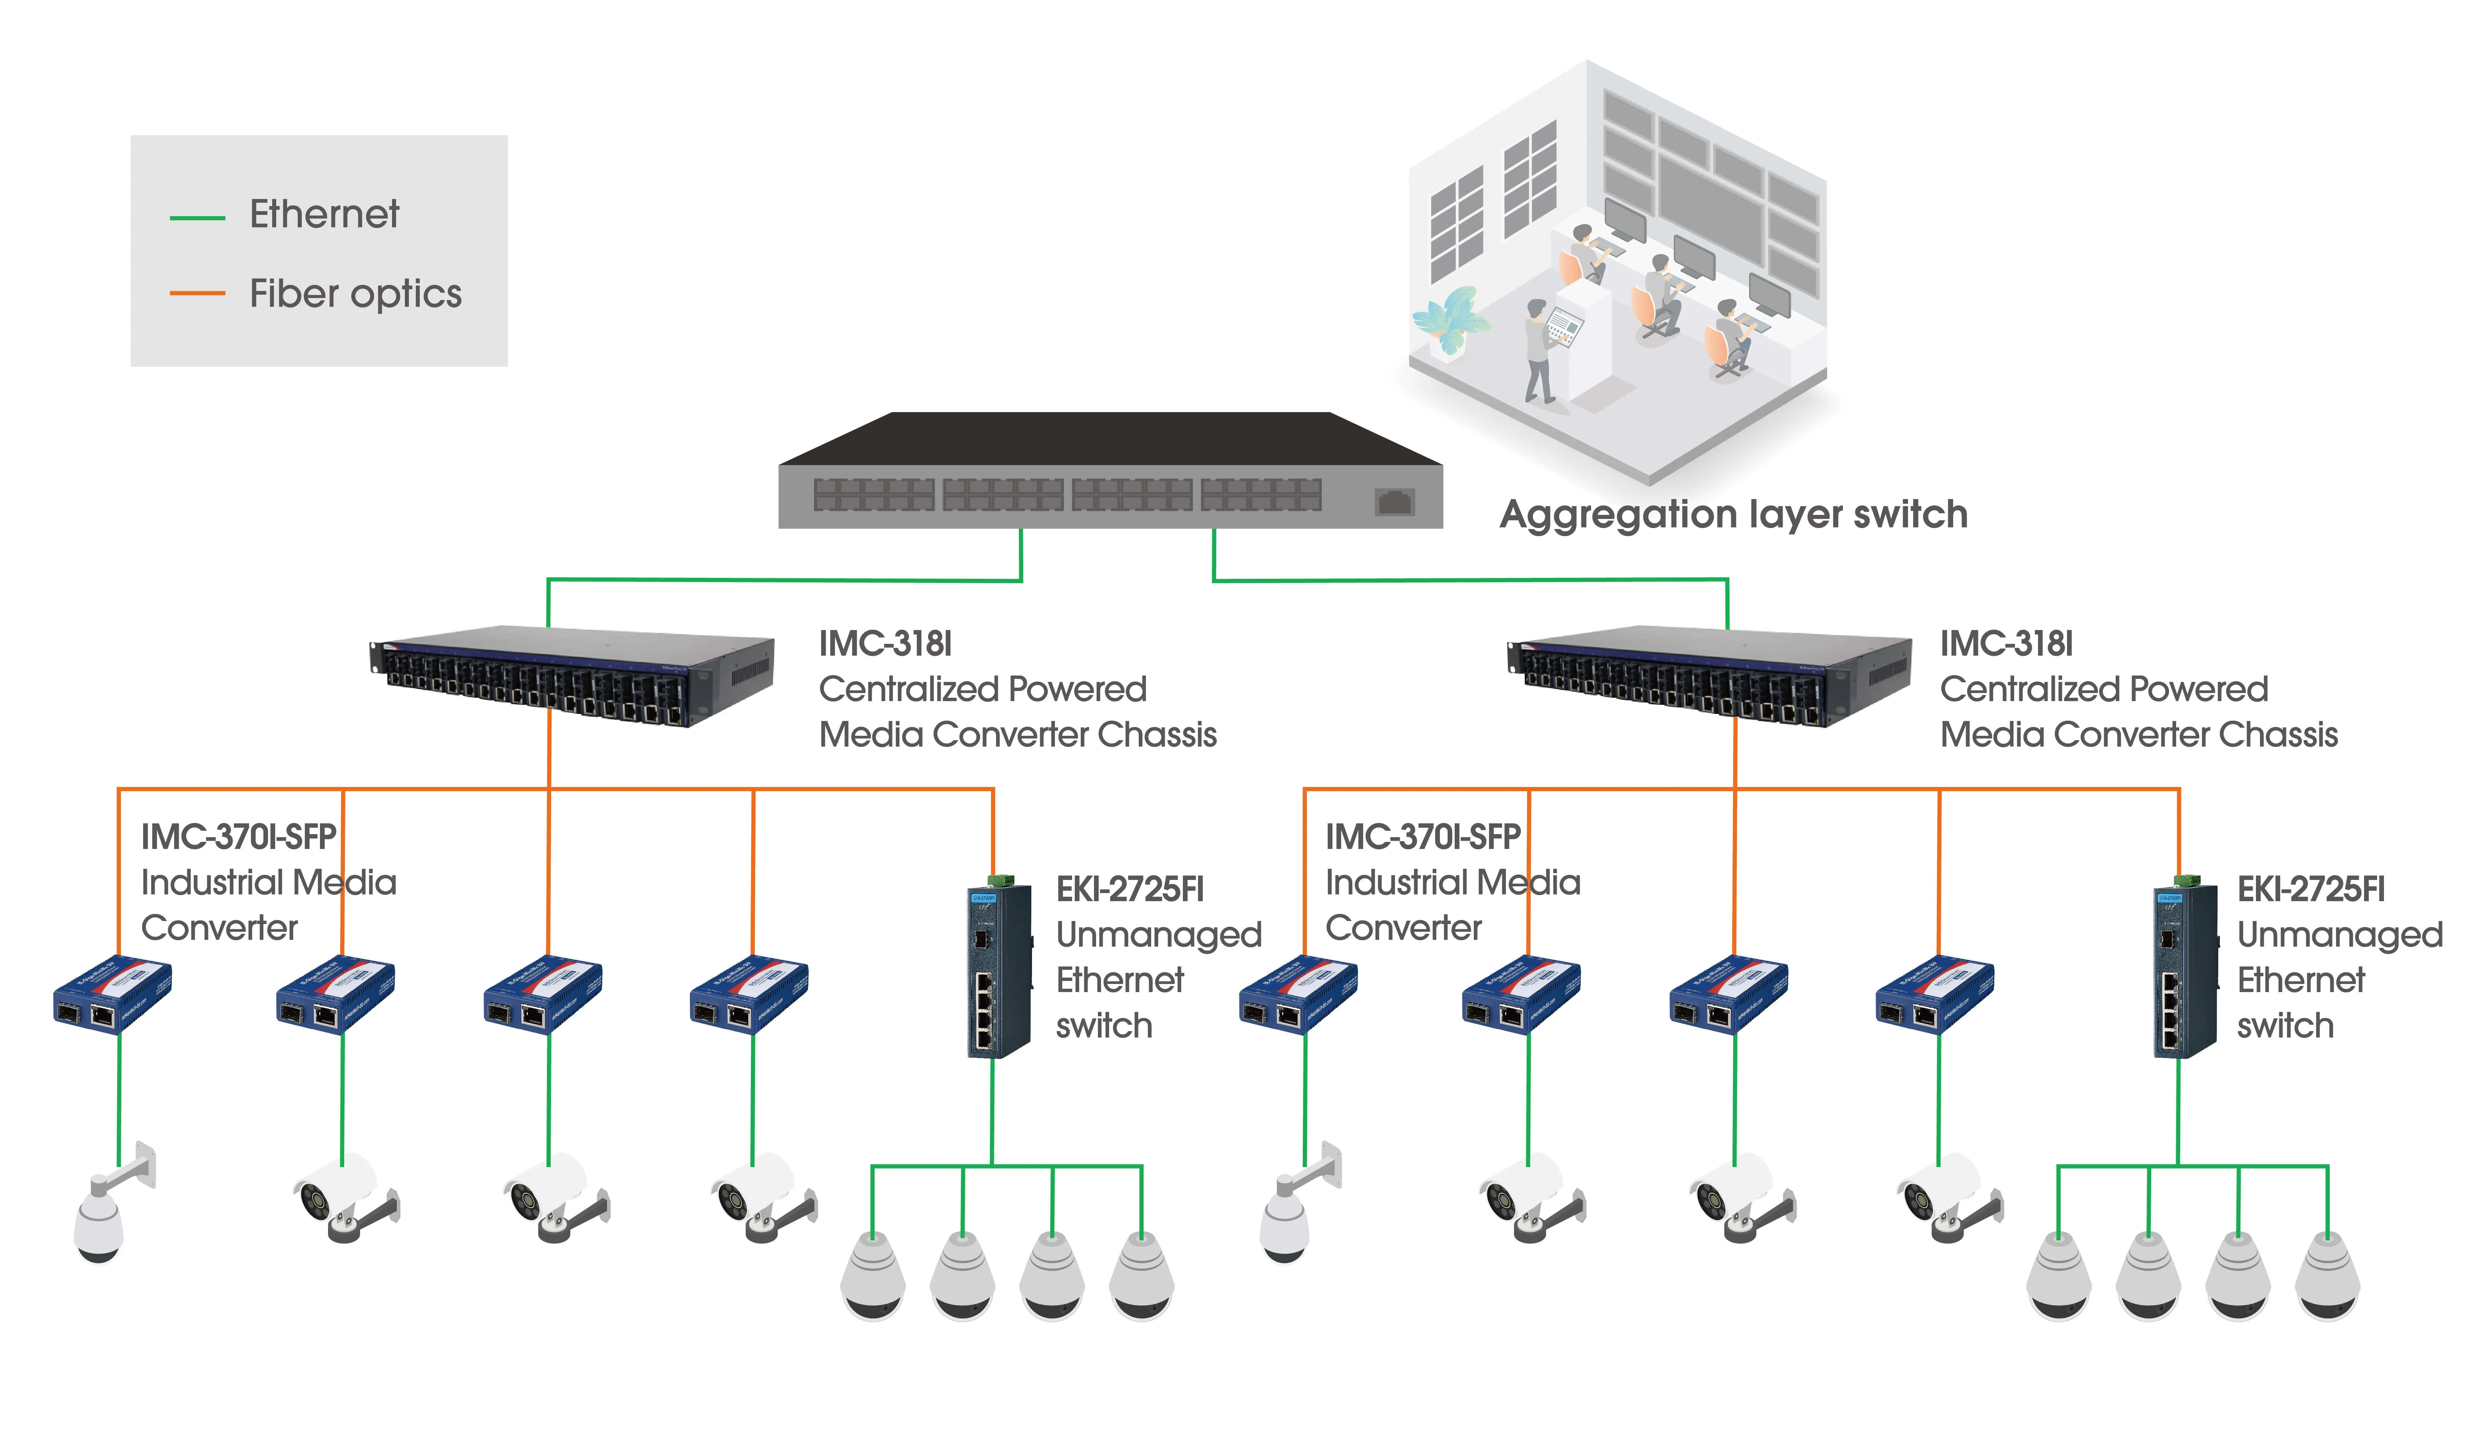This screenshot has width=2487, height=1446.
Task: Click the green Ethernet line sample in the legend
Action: pos(197,217)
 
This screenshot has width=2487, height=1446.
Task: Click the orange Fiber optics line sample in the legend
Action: pos(197,293)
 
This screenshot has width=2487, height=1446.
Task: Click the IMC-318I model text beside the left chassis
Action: pos(885,644)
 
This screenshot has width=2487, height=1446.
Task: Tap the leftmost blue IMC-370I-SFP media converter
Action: pos(112,994)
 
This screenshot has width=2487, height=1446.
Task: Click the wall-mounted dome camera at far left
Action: pos(110,1202)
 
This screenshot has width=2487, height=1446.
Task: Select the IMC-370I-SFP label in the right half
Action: pos(1422,837)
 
